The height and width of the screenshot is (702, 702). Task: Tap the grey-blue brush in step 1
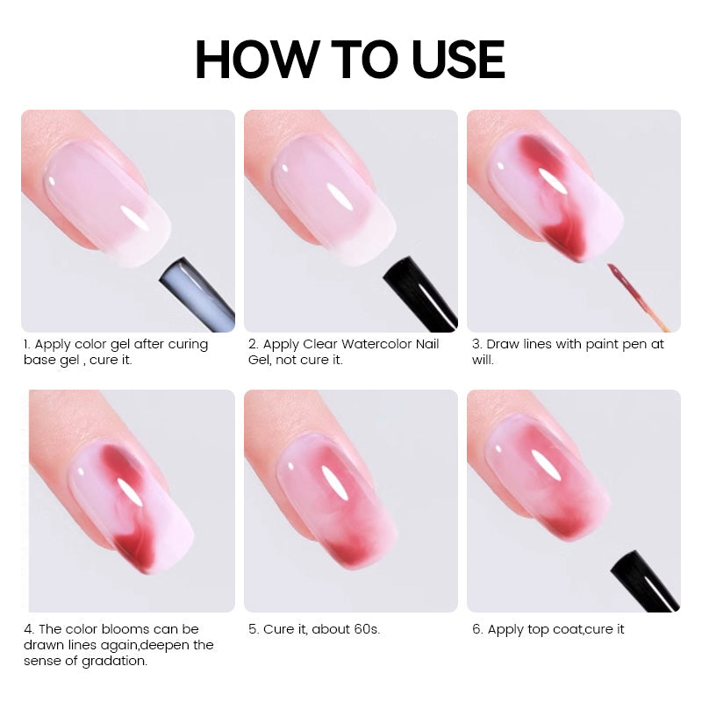pos(197,294)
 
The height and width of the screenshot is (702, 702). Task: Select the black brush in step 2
pos(420,294)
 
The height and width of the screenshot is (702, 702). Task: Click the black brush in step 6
pos(646,581)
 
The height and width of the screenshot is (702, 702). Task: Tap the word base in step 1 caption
pos(37,360)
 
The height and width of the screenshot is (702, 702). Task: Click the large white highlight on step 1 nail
pos(134,217)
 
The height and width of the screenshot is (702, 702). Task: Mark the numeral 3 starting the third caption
pos(476,344)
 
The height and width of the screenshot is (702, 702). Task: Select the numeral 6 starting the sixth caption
pos(476,629)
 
